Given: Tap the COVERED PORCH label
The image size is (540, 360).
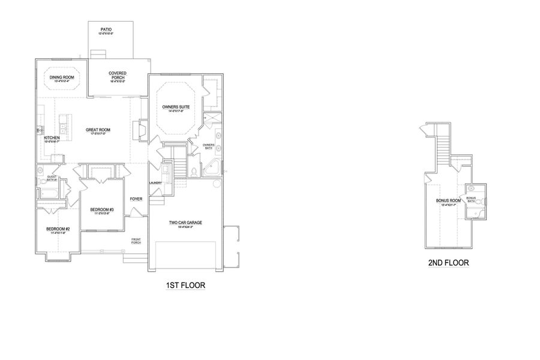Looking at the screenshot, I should [x=117, y=75].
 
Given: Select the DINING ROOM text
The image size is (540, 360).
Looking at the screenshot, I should [x=61, y=78].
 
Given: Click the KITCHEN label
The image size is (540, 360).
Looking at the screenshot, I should [x=52, y=138].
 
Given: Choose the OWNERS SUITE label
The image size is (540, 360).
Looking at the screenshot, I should [x=176, y=107].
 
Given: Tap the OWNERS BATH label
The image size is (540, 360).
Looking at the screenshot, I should [x=208, y=146].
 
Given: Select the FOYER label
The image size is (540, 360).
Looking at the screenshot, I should [x=136, y=199].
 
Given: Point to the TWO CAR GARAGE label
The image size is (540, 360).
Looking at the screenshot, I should [x=185, y=223].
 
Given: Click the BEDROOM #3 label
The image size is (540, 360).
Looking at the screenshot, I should [x=102, y=210].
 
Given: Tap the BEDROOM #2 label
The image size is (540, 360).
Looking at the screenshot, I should [x=59, y=229].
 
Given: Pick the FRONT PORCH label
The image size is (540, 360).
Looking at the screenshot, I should [x=136, y=241].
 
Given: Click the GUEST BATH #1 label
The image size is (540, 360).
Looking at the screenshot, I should [x=52, y=178].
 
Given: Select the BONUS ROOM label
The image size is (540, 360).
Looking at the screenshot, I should [x=448, y=201].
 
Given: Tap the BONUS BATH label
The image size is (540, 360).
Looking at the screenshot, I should [x=471, y=199].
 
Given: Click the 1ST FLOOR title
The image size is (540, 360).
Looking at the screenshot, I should [x=185, y=286].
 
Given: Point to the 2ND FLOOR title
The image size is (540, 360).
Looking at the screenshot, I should [x=449, y=263].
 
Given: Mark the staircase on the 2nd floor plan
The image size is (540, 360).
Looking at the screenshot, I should [x=443, y=147].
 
